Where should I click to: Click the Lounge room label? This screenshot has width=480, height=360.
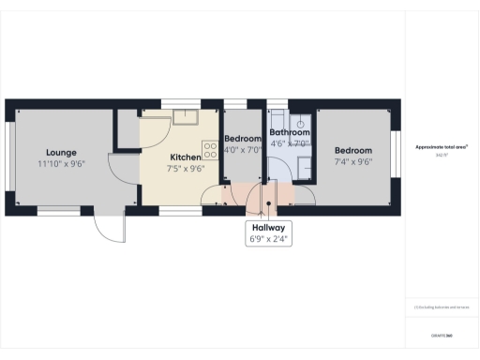[61, 152]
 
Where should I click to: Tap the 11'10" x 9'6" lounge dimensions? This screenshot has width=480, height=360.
[61, 163]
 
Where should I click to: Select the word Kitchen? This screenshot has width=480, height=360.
[185, 157]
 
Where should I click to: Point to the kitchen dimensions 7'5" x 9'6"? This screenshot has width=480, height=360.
[185, 170]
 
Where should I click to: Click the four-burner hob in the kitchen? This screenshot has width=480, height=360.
[210, 148]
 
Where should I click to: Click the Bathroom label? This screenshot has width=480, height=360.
[289, 133]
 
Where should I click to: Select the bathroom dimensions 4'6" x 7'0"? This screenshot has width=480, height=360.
[289, 144]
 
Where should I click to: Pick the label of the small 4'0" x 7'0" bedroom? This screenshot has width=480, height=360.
[242, 138]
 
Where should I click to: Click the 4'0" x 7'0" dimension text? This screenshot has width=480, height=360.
[242, 149]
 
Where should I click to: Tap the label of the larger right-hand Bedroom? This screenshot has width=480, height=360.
[353, 150]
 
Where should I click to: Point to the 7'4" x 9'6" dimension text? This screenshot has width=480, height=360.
[353, 161]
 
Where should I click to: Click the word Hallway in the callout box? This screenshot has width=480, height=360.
[269, 228]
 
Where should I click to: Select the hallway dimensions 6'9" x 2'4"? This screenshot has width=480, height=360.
[269, 240]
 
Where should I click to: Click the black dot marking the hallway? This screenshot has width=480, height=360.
[269, 202]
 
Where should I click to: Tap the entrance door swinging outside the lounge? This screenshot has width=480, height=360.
[111, 228]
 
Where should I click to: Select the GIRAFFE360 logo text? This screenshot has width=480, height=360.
[442, 335]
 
